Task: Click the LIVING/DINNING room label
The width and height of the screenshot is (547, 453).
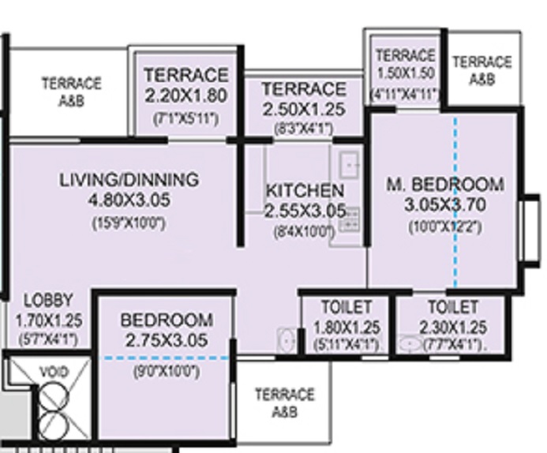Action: (x=129, y=179)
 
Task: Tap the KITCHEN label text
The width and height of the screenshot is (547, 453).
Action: (x=305, y=191)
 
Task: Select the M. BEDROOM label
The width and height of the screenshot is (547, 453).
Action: (x=444, y=185)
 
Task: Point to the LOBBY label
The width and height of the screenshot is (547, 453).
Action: (x=48, y=301)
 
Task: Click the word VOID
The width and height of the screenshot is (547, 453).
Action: (x=54, y=371)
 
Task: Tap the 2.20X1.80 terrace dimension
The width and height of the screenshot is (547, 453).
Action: (x=185, y=96)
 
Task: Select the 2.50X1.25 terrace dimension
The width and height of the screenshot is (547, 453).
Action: (x=303, y=109)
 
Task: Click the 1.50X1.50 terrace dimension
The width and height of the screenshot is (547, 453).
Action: (x=405, y=74)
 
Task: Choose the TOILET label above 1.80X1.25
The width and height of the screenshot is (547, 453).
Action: (x=347, y=307)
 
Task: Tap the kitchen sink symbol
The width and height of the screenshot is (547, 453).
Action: (x=349, y=165)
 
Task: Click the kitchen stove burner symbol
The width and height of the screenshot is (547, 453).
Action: (x=349, y=219)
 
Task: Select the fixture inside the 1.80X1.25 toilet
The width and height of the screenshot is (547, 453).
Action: (x=287, y=340)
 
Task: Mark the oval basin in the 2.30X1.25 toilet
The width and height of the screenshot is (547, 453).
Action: (x=410, y=344)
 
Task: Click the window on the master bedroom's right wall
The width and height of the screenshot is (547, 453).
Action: (x=530, y=228)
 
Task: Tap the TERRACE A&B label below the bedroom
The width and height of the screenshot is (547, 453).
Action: (x=284, y=402)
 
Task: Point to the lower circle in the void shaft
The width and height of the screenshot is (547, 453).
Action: (x=54, y=421)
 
